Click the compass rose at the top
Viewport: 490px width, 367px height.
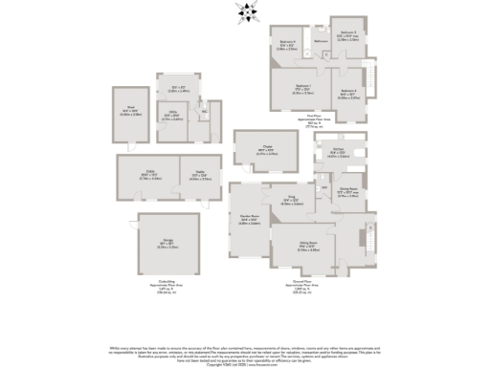point(250,12)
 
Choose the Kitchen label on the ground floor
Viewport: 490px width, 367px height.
point(338,152)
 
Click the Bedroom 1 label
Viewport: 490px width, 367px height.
point(297,91)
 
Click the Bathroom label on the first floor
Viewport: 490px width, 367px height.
point(322,41)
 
